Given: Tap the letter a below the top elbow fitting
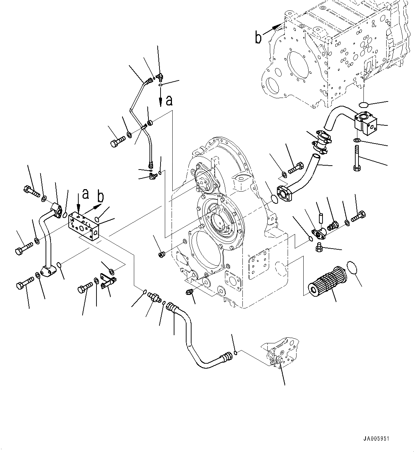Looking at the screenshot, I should coord(169,100).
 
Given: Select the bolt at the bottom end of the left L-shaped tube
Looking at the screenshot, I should coord(24,285).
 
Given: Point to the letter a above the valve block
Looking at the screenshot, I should coord(85,194).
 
